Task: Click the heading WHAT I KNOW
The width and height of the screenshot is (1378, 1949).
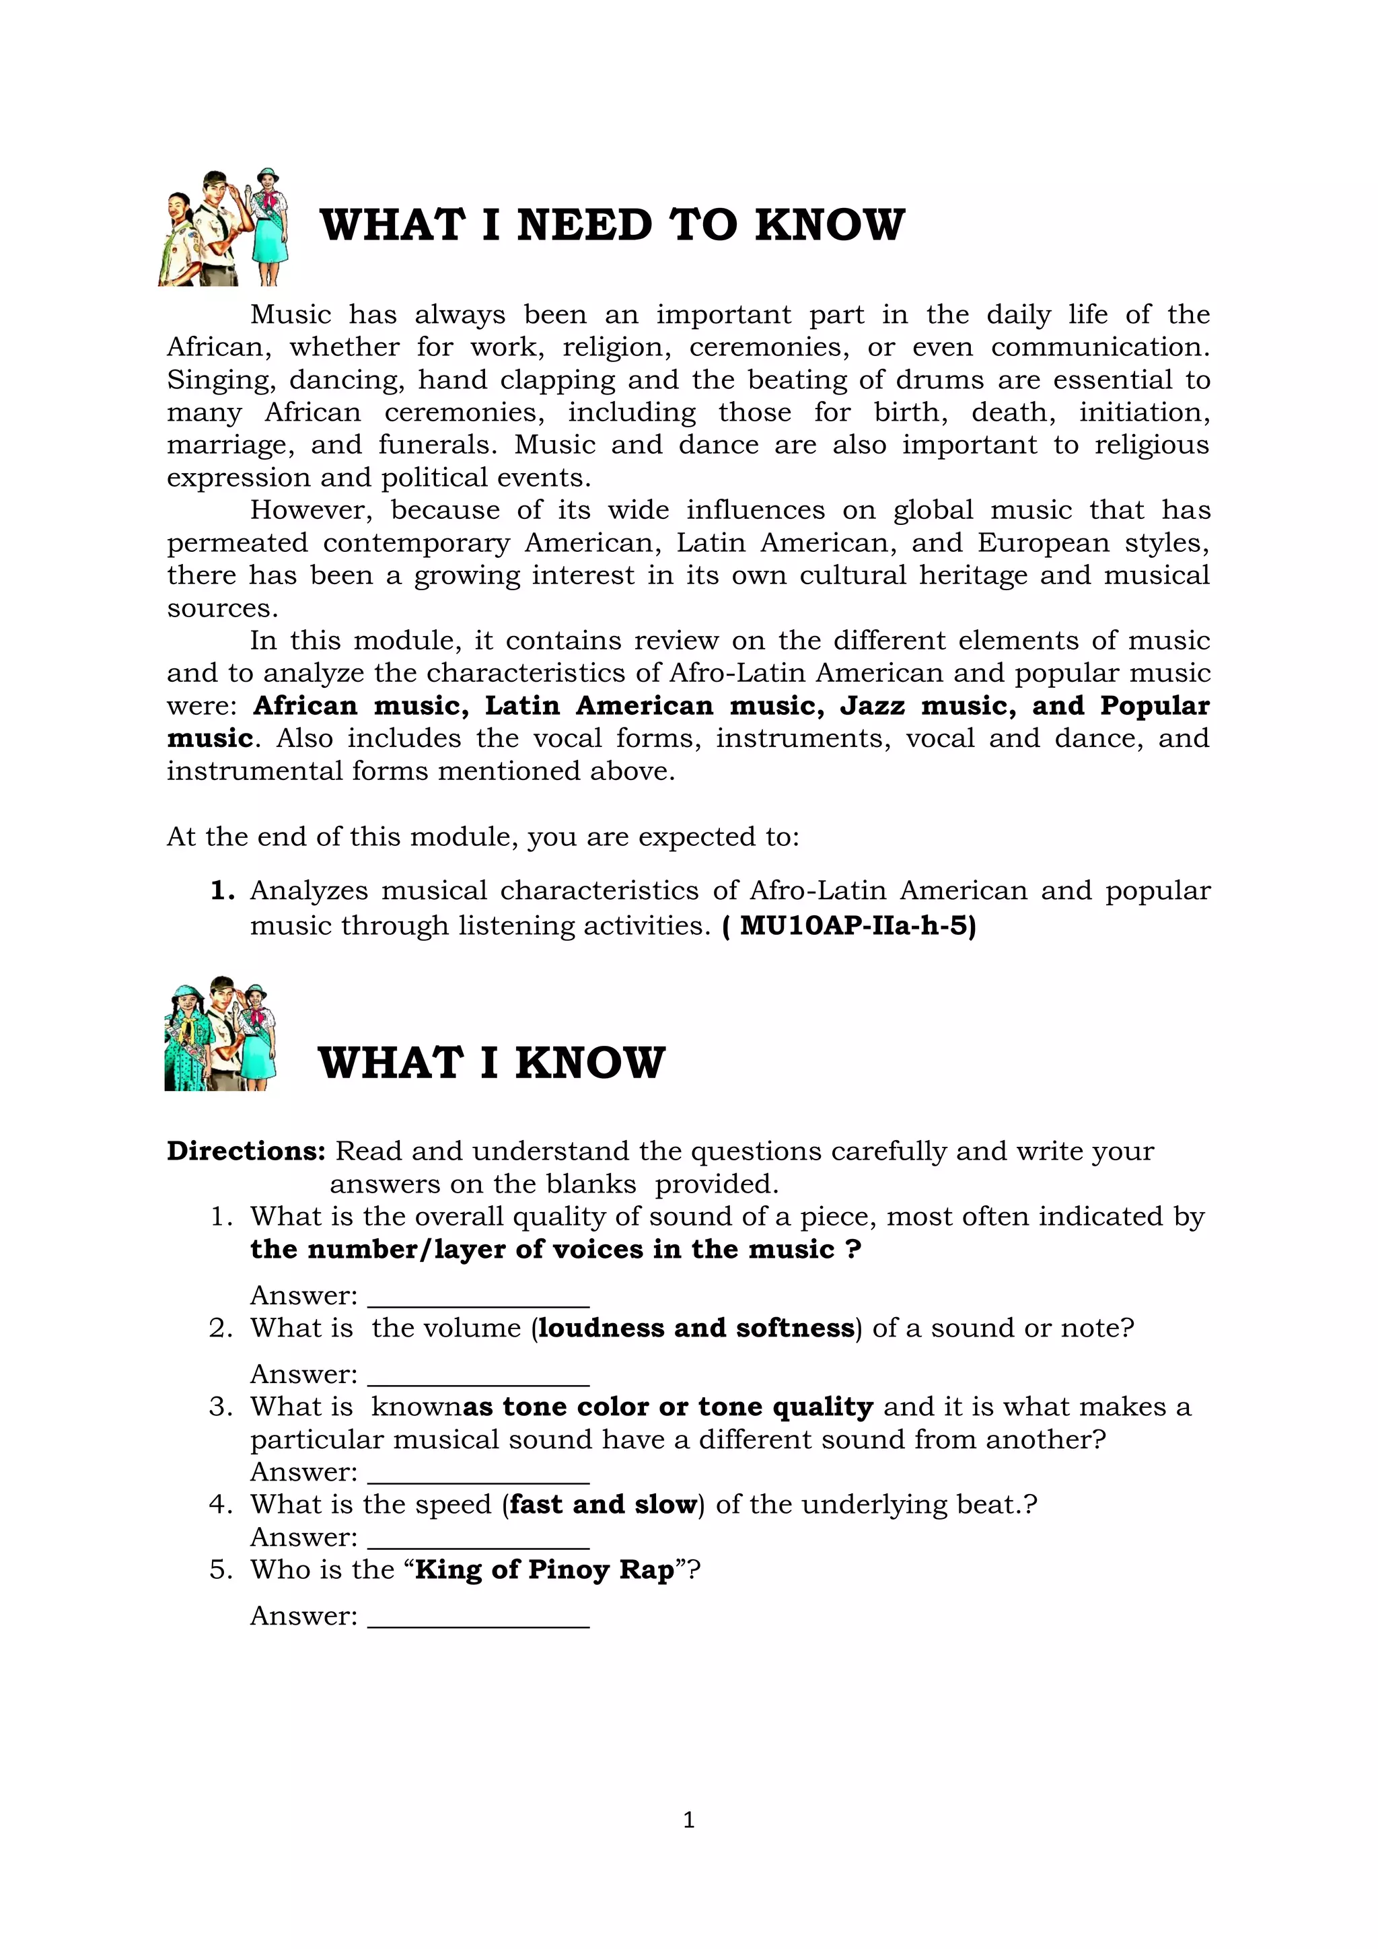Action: coord(491,1063)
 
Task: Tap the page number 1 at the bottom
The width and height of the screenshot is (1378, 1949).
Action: coord(688,1819)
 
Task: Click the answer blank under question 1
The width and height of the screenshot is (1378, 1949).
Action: coord(478,1297)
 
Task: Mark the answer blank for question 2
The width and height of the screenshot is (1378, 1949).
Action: coord(478,1375)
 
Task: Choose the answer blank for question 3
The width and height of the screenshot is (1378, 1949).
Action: coord(478,1473)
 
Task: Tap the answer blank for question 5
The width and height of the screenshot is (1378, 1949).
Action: coord(478,1617)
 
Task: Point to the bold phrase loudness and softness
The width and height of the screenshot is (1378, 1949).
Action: coord(696,1328)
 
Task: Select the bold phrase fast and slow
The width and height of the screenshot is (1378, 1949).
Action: coord(602,1505)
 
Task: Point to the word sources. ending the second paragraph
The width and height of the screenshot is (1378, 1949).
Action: coord(222,608)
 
